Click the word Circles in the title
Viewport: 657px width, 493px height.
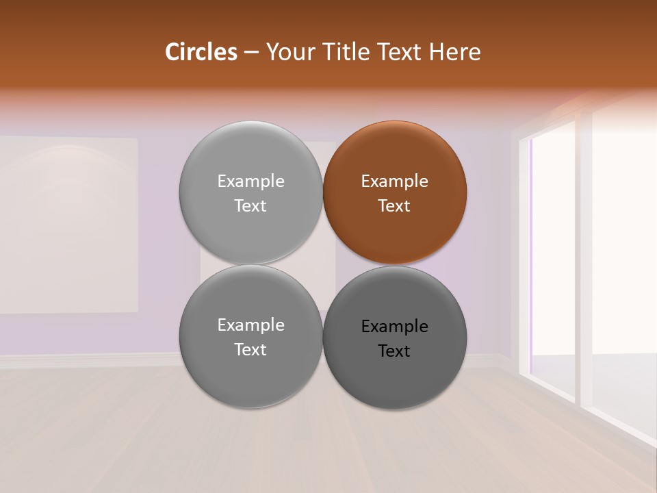(x=201, y=52)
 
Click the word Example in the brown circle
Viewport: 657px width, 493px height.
(x=394, y=181)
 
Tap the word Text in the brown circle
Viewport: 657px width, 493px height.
(x=394, y=206)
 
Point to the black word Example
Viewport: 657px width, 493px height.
(x=394, y=327)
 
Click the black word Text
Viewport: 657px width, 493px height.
(x=394, y=351)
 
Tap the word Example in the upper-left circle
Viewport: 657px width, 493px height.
(x=250, y=181)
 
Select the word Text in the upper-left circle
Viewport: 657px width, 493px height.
(x=250, y=206)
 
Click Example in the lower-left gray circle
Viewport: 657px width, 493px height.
(x=250, y=325)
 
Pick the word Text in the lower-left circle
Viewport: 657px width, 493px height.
(x=250, y=350)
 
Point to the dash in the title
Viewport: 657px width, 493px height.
(x=250, y=53)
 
